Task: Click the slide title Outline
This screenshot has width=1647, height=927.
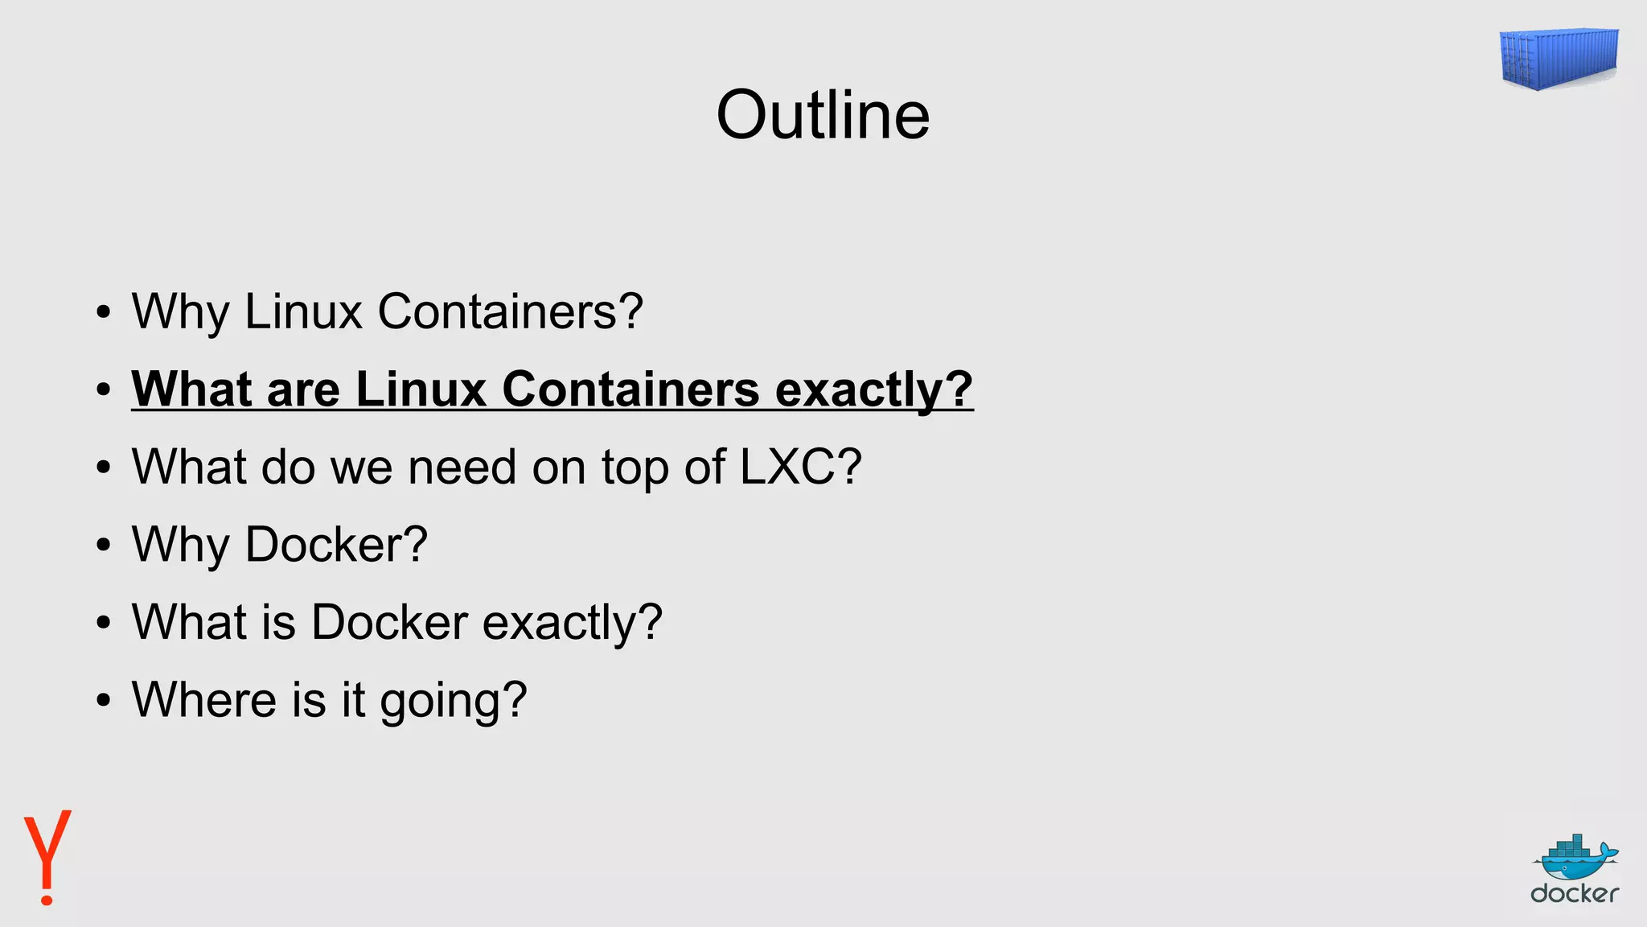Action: tap(823, 116)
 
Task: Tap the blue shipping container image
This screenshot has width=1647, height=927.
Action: tap(1558, 58)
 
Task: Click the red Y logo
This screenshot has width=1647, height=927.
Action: tap(47, 856)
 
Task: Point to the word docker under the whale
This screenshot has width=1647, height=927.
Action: tap(1575, 893)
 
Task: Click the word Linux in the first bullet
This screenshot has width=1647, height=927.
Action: tap(303, 311)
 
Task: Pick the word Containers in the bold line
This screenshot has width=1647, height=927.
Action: tap(630, 389)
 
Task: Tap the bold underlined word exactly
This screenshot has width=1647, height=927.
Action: tap(873, 389)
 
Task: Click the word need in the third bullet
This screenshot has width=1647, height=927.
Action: tap(462, 467)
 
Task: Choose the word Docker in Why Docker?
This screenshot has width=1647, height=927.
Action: tap(335, 545)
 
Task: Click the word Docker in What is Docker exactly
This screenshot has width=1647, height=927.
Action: tap(389, 622)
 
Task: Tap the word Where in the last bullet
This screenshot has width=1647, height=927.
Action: tap(204, 699)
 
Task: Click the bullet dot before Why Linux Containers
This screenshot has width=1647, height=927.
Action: tap(102, 312)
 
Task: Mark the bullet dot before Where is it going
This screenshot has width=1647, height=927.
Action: tap(102, 700)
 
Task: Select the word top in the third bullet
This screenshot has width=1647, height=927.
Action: tap(635, 468)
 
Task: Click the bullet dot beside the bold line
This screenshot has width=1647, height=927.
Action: tap(102, 390)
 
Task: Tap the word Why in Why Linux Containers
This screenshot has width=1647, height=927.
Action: tap(180, 312)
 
